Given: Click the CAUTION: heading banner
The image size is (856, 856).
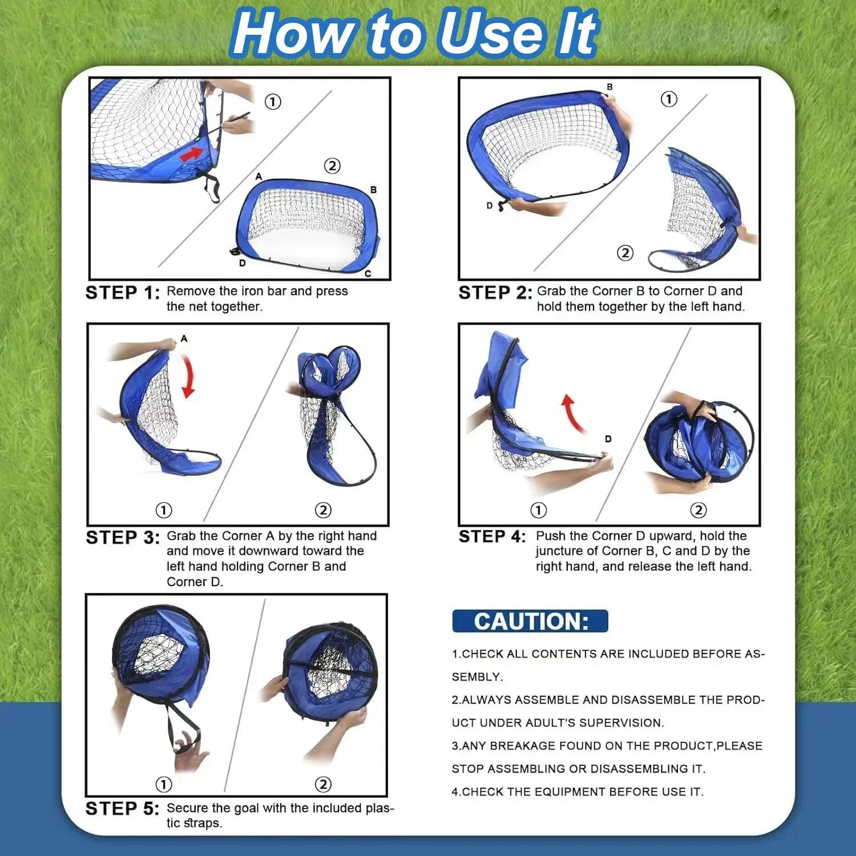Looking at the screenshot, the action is [x=530, y=621].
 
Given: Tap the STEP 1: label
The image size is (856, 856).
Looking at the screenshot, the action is [x=123, y=293].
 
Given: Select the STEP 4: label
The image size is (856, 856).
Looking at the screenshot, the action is [x=492, y=536].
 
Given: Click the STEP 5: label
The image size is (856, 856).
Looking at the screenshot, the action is [x=123, y=809].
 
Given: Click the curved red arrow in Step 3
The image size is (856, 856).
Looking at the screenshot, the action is [x=188, y=374].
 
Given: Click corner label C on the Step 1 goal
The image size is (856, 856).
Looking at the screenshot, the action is [x=368, y=274].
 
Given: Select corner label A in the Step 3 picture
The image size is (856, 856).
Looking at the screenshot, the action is [x=184, y=338].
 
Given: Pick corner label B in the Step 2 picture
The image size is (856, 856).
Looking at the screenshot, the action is [x=609, y=87].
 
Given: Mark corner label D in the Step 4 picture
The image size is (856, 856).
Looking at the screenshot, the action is [x=608, y=439].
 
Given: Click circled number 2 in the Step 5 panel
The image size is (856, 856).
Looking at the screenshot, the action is [x=323, y=784].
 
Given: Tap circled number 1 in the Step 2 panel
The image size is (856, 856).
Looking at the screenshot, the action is [x=669, y=99].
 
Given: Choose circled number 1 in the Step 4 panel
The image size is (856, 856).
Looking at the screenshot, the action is [x=538, y=510].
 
